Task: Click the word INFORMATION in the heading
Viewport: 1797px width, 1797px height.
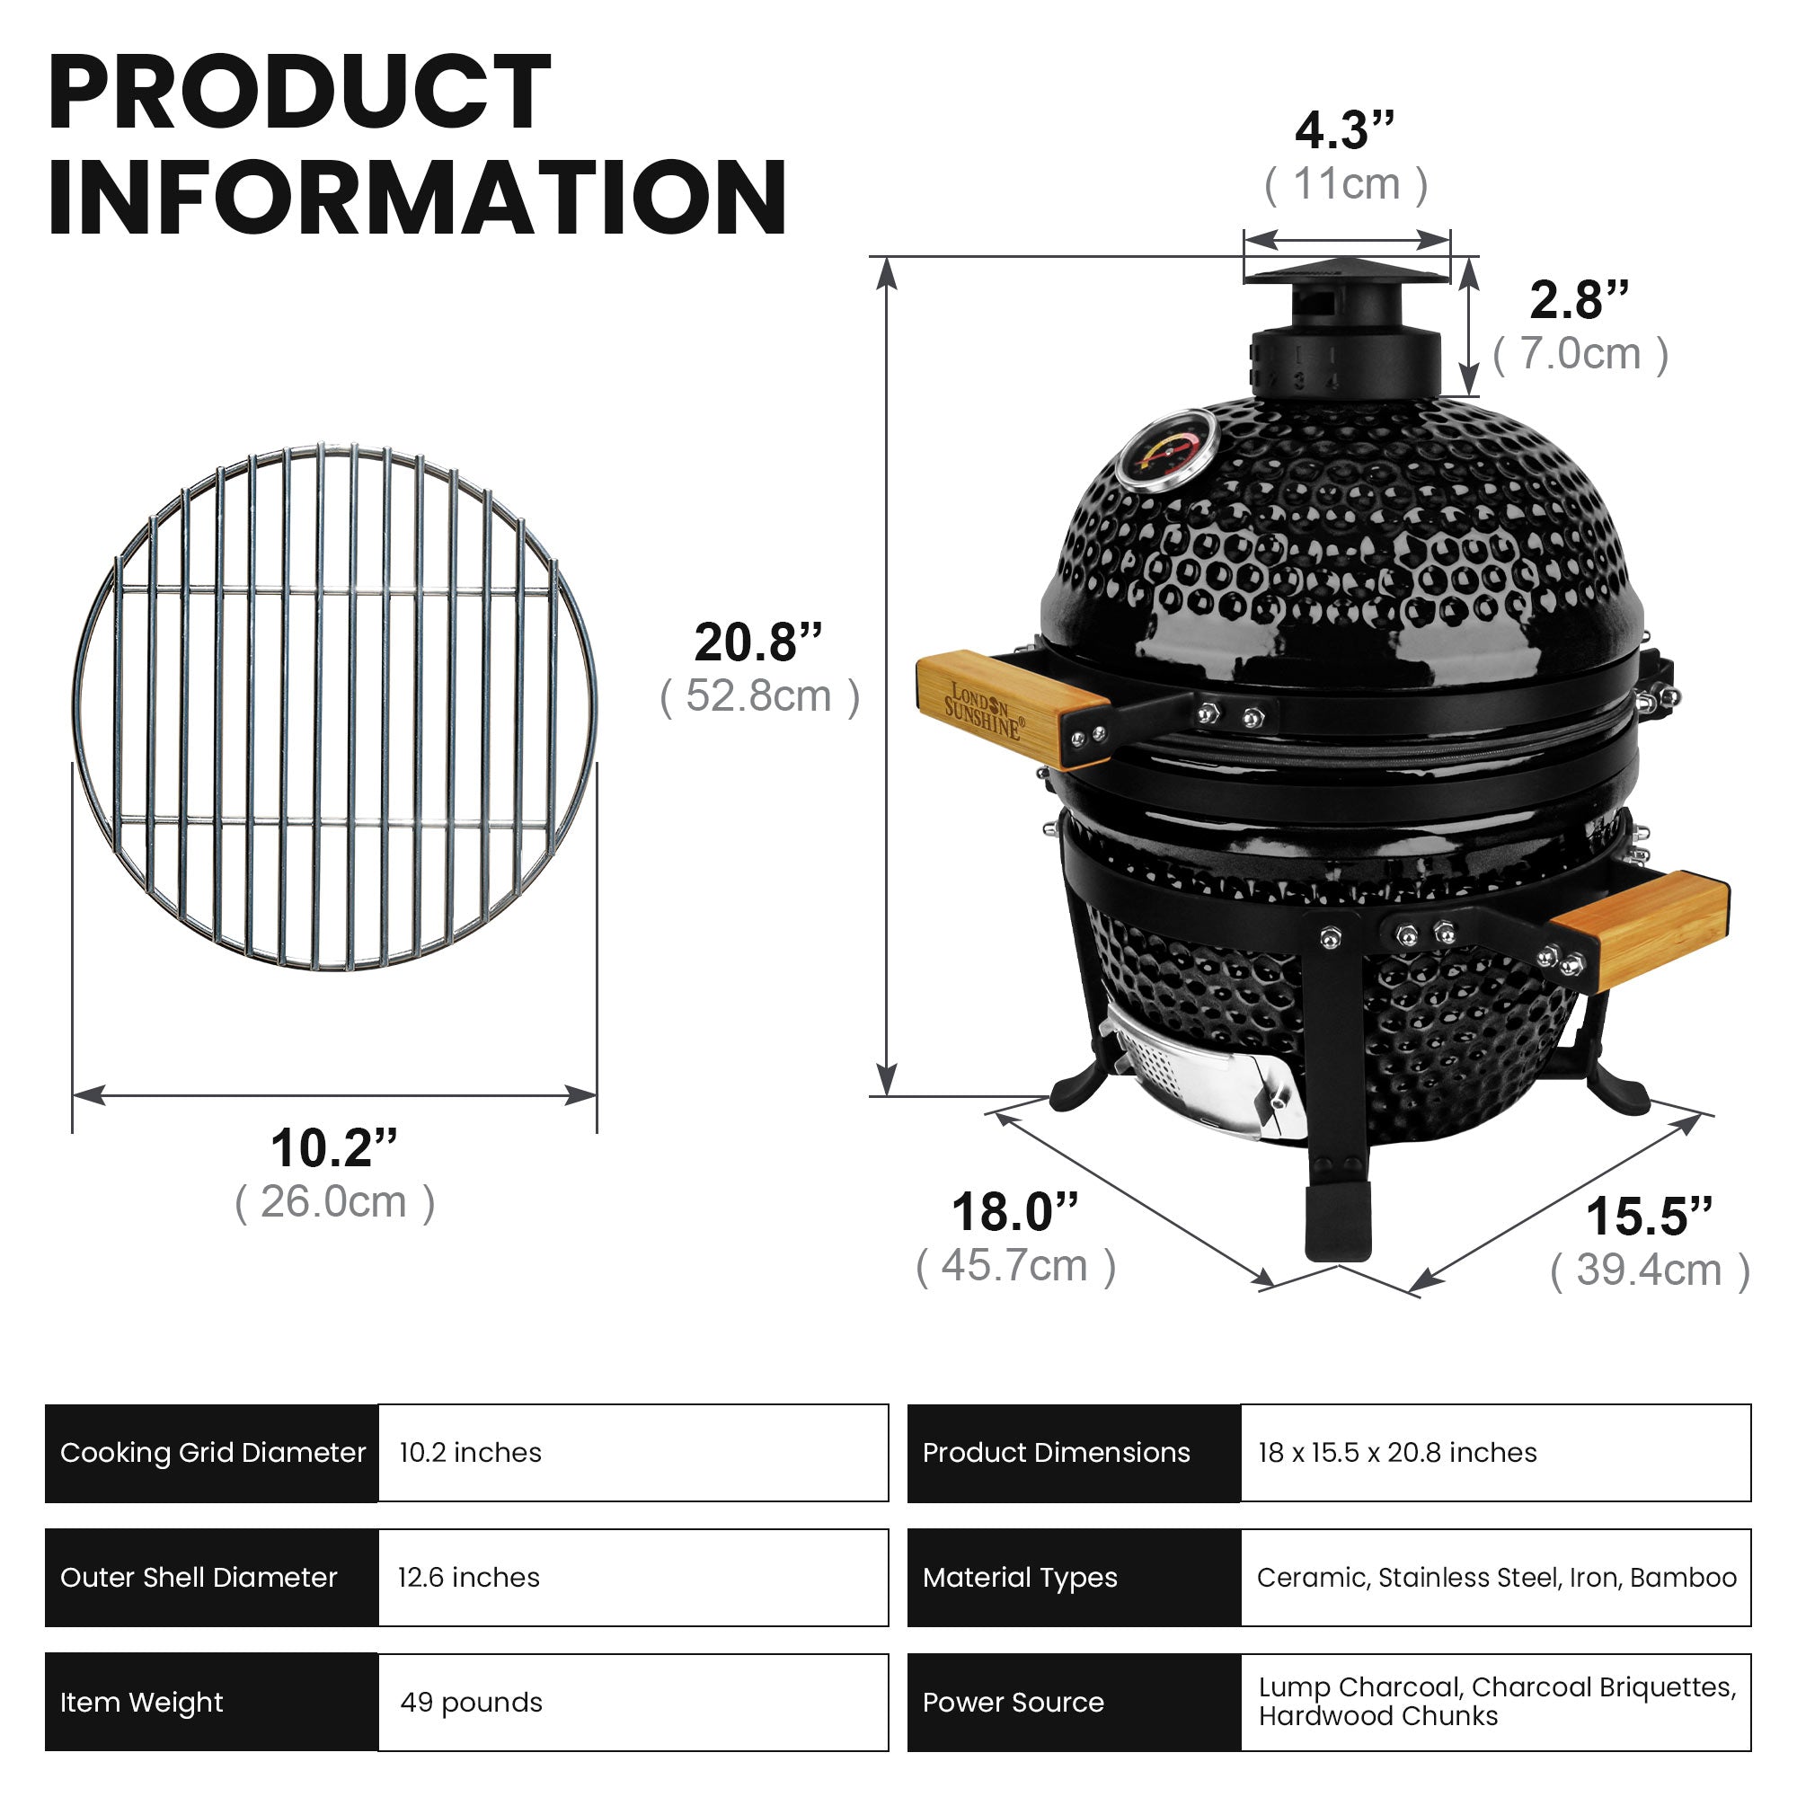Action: [418, 197]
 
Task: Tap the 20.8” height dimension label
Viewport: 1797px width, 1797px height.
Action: [758, 642]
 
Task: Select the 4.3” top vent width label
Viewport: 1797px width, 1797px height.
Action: [1344, 130]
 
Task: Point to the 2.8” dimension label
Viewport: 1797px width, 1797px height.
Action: [1579, 299]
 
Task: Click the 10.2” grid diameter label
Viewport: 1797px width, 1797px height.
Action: [334, 1147]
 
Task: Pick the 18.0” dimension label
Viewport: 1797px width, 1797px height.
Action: [1014, 1211]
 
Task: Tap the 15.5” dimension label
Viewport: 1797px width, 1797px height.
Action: [1648, 1216]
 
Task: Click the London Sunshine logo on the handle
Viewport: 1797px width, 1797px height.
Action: [983, 710]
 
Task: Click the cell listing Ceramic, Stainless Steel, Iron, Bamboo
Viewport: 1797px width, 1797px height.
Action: [1496, 1578]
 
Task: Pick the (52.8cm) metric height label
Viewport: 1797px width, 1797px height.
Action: [758, 696]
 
